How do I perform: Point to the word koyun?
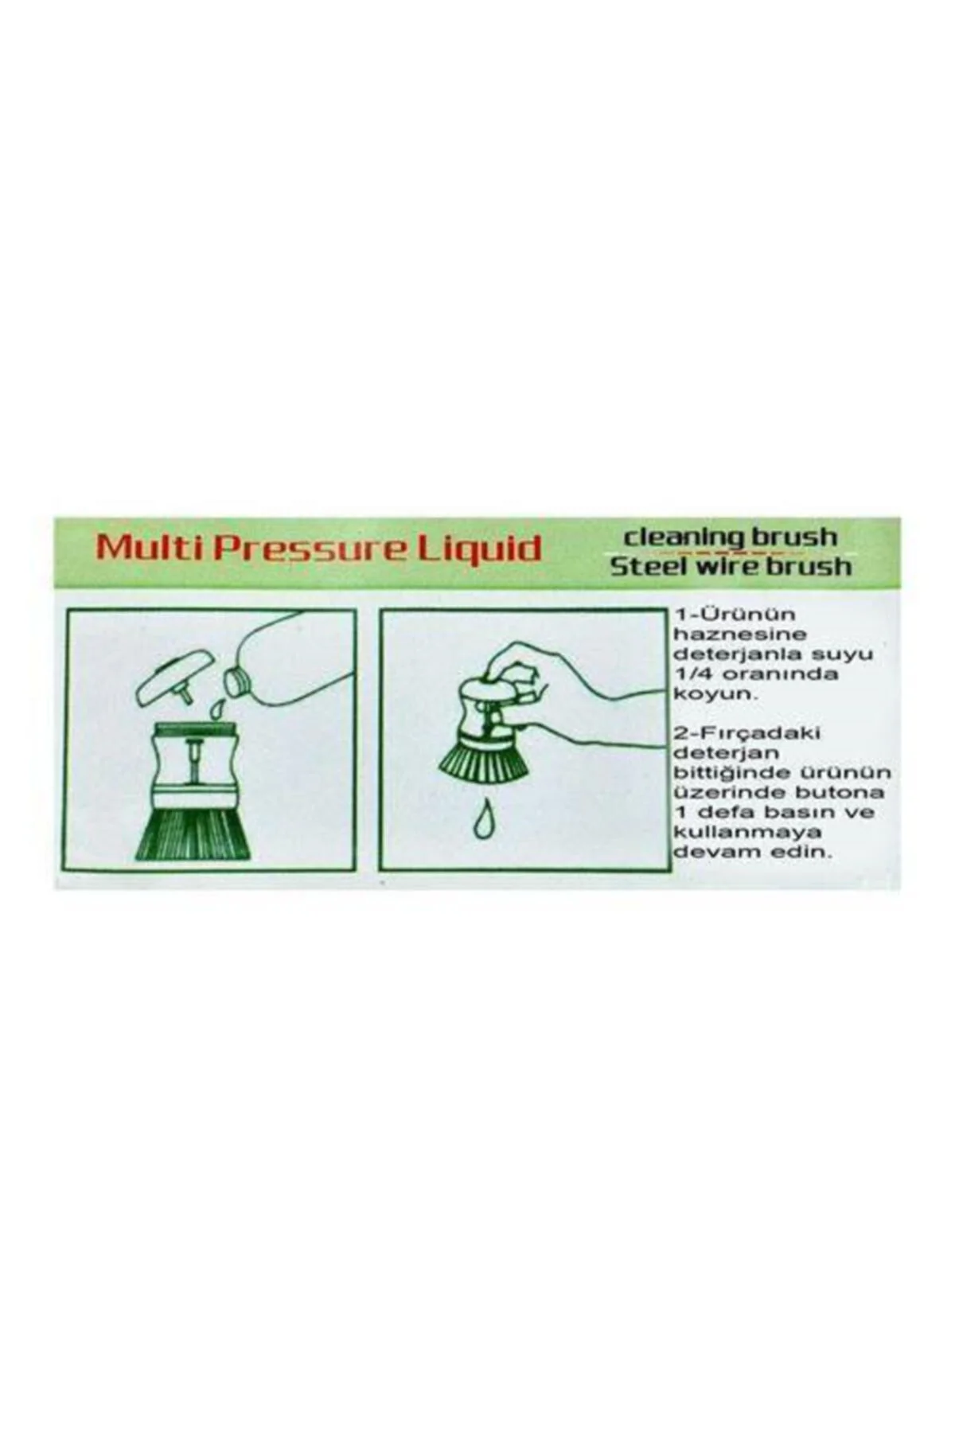click(x=705, y=694)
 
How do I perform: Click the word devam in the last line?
click(x=702, y=852)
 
